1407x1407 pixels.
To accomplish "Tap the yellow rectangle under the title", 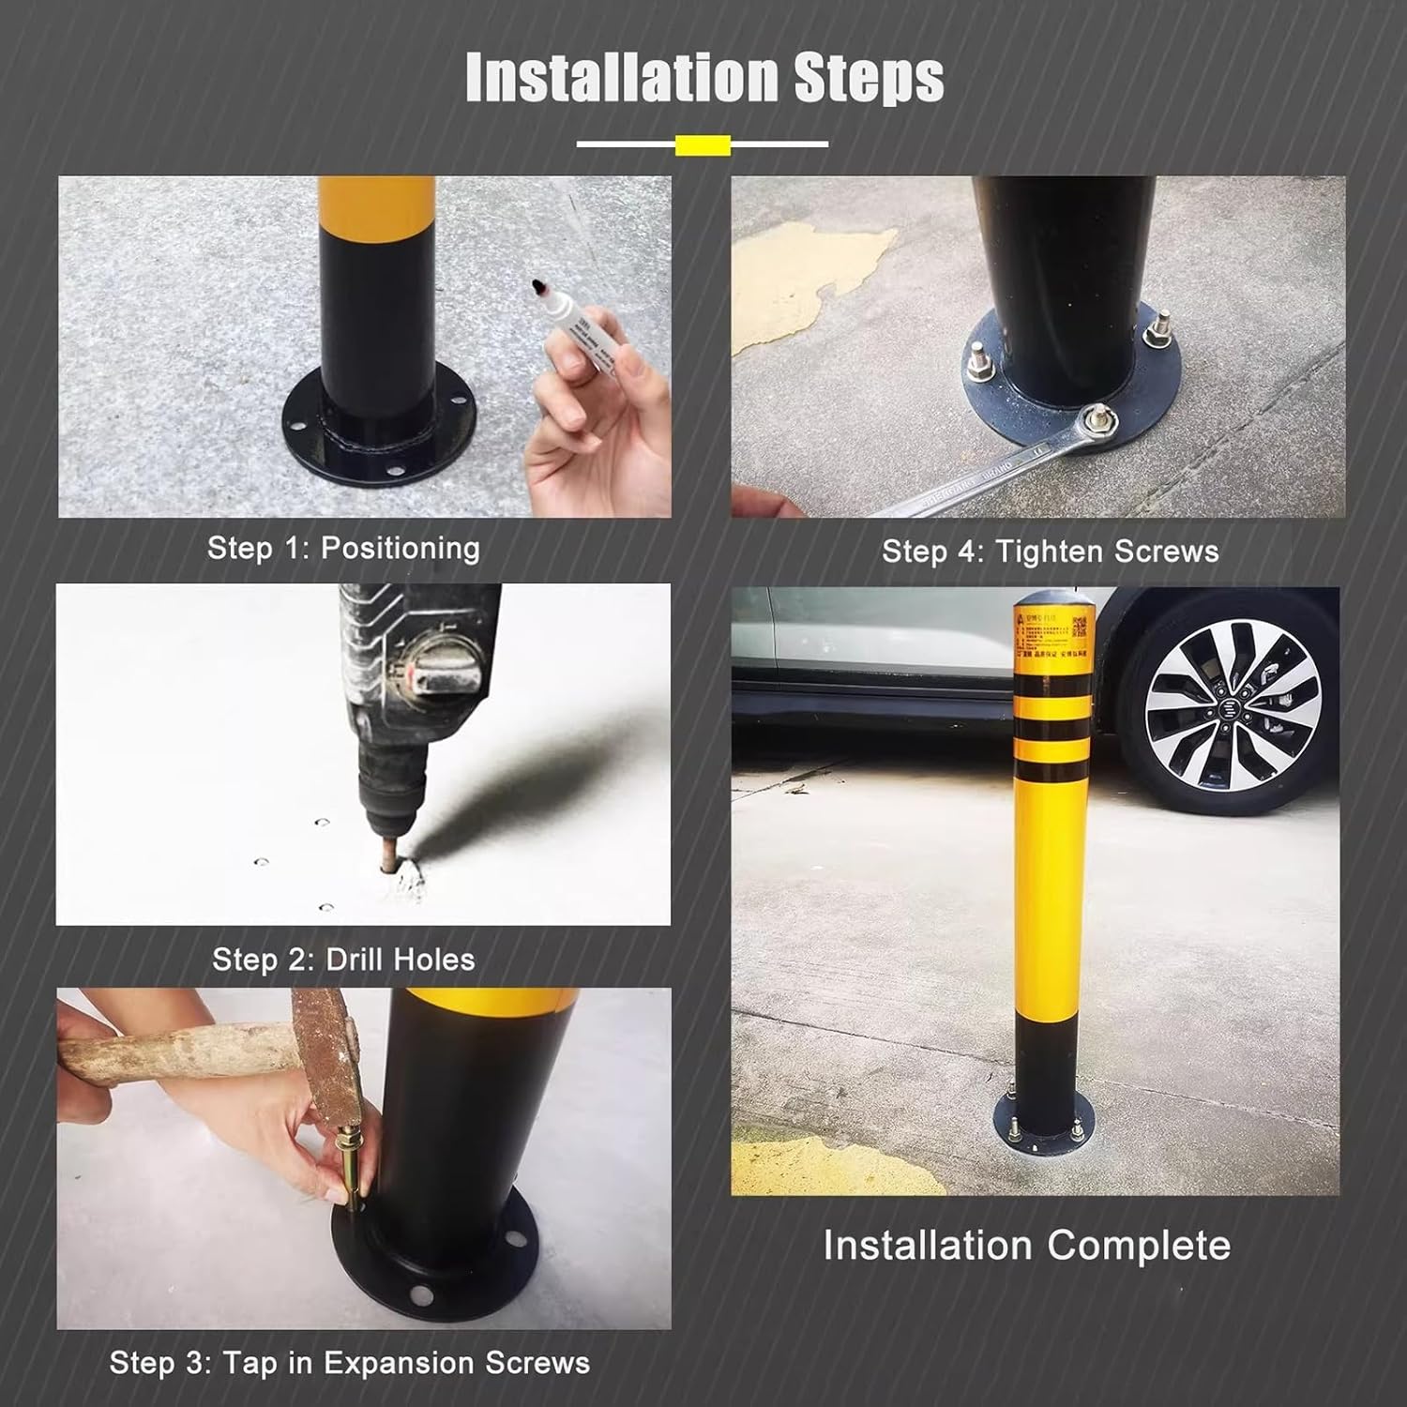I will coord(703,144).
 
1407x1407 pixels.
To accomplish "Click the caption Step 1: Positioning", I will coord(343,548).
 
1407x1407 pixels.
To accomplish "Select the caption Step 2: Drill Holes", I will coord(343,960).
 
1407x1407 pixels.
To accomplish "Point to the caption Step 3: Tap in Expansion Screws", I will coord(349,1362).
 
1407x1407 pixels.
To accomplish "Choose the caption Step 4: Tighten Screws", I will coord(1050,551).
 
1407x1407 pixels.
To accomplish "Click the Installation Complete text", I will coord(1026,1245).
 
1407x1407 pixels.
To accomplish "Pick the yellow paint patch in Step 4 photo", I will coord(807,281).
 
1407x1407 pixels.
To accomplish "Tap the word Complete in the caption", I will coord(1139,1245).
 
